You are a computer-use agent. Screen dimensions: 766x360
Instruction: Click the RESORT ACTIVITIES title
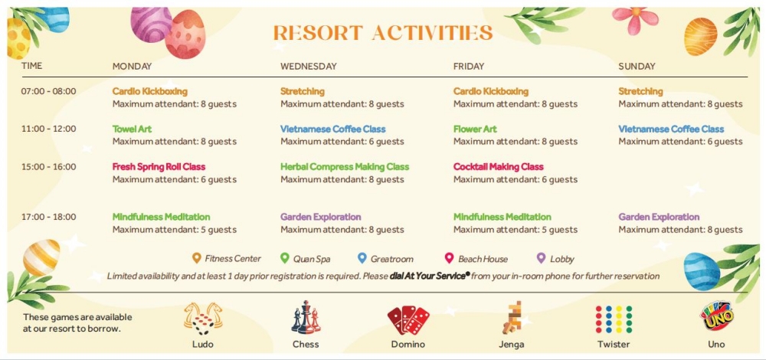pyautogui.click(x=383, y=33)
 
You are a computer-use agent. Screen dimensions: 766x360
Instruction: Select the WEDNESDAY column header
pyautogui.click(x=308, y=67)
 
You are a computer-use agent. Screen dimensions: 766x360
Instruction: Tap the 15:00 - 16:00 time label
pyautogui.click(x=48, y=166)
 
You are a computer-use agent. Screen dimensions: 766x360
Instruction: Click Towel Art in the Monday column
pyautogui.click(x=132, y=129)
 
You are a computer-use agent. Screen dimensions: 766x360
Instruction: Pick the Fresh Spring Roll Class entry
pyautogui.click(x=159, y=166)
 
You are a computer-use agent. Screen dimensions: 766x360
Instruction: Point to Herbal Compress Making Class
pyautogui.click(x=345, y=166)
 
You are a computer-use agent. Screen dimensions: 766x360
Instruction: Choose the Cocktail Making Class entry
pyautogui.click(x=499, y=166)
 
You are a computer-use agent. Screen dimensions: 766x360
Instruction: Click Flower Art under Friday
pyautogui.click(x=475, y=129)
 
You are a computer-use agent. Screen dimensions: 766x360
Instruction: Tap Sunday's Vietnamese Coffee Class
pyautogui.click(x=671, y=129)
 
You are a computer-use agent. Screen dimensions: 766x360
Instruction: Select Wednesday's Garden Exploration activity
pyautogui.click(x=320, y=217)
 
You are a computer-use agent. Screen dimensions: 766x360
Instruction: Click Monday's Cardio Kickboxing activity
pyautogui.click(x=149, y=91)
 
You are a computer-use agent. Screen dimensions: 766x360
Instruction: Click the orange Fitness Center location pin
pyautogui.click(x=197, y=258)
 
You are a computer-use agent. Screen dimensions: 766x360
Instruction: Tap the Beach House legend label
pyautogui.click(x=483, y=259)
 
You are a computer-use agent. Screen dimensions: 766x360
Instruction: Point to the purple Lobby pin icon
pyautogui.click(x=541, y=258)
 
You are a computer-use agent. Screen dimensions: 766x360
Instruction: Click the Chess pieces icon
pyautogui.click(x=306, y=318)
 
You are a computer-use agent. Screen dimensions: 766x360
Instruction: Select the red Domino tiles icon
pyautogui.click(x=408, y=320)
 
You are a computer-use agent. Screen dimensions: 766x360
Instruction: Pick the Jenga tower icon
pyautogui.click(x=512, y=318)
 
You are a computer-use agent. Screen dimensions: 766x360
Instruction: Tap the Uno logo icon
pyautogui.click(x=716, y=316)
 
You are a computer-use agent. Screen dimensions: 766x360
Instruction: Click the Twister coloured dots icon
pyautogui.click(x=614, y=319)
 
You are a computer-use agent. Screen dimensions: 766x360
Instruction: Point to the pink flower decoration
pyautogui.click(x=636, y=20)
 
